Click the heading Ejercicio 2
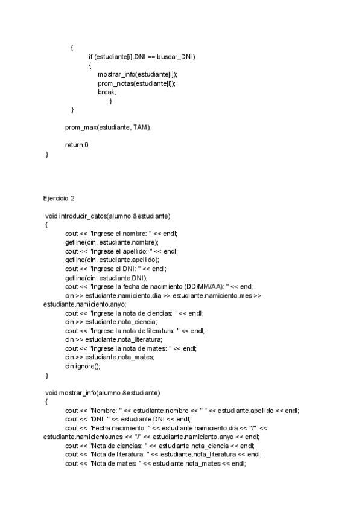59,198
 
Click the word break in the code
107,92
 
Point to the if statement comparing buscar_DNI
142,56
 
